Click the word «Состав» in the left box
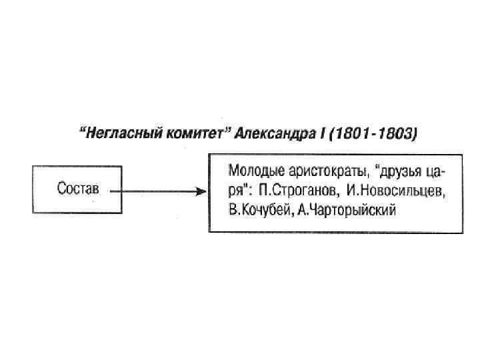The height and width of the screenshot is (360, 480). point(77,189)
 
